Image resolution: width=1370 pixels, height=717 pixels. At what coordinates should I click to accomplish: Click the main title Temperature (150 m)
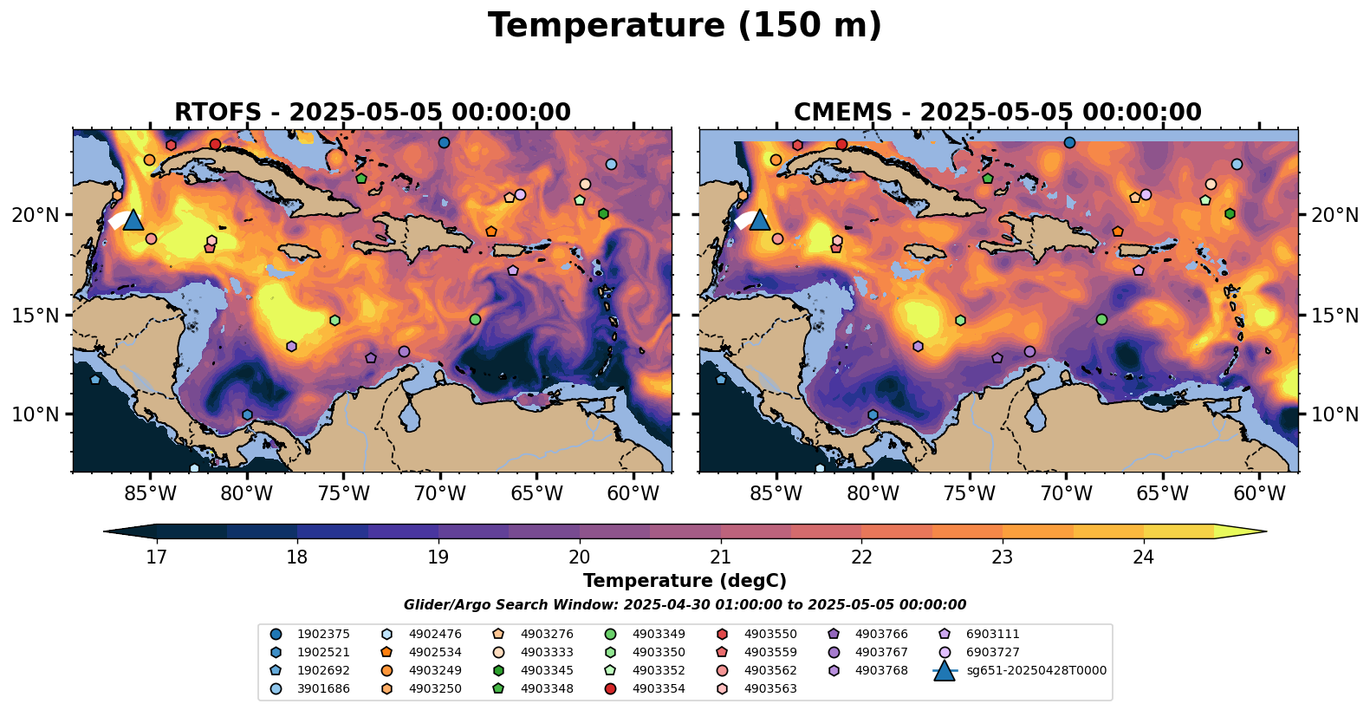pos(685,26)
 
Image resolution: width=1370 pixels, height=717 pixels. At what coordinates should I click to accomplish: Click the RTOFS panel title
pos(373,113)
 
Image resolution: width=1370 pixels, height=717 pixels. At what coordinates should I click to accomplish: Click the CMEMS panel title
pos(997,113)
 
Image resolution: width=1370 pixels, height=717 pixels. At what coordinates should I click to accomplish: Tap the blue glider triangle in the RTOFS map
pos(133,220)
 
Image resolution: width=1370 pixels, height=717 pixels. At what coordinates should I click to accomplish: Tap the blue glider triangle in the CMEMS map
pos(759,220)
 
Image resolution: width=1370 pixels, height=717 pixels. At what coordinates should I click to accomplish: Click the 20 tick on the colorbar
pos(579,557)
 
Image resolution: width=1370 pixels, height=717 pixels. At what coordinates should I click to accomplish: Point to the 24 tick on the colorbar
pos(1143,557)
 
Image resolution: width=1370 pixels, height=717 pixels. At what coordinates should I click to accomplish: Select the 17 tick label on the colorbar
pos(156,557)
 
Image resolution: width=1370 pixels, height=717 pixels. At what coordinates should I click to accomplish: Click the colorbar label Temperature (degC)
pos(685,581)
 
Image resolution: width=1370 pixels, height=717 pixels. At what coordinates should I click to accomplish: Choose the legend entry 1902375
pos(321,634)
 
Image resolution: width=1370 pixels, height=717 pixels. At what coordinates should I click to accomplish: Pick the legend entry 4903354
pos(658,688)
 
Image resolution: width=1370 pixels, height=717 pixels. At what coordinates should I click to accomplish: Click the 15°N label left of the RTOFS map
pos(36,315)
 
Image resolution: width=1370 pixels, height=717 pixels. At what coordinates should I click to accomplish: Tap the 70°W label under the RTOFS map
pos(440,494)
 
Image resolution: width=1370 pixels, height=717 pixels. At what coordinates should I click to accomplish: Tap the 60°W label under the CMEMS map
pos(1259,494)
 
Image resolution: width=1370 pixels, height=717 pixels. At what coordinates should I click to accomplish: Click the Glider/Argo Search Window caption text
pos(685,605)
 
